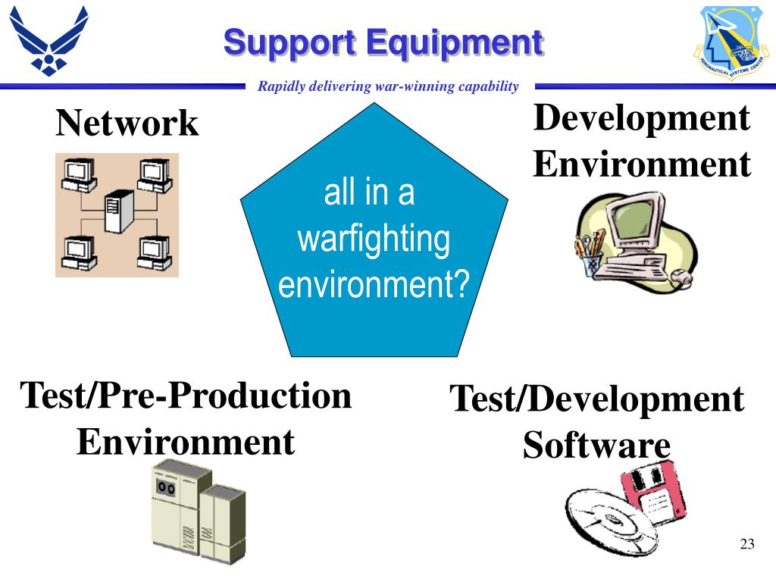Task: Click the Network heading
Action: tap(127, 124)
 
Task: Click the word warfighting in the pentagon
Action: tap(374, 239)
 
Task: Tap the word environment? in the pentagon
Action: tap(374, 285)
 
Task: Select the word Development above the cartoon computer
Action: tap(641, 118)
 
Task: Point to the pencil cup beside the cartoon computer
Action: tap(591, 255)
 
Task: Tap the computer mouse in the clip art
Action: tap(681, 277)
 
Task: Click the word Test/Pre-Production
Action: tap(186, 396)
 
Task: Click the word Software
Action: tap(596, 446)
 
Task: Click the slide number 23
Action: tap(747, 544)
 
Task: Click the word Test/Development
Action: tap(596, 399)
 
